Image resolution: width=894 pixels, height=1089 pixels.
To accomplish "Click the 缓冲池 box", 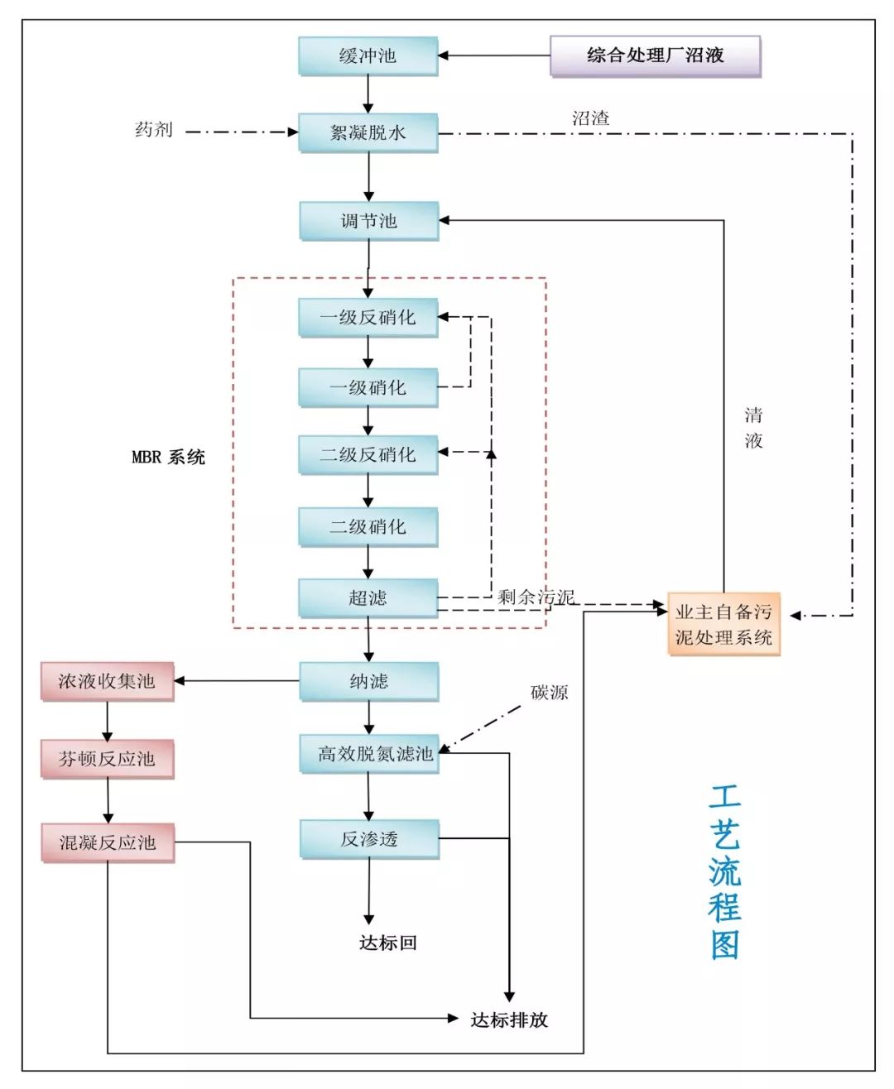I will click(368, 56).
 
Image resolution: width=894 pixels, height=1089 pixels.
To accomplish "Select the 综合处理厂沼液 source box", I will click(655, 56).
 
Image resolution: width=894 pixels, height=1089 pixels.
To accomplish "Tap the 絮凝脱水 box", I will click(368, 132).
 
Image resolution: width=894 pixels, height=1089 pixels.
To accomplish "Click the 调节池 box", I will click(368, 221).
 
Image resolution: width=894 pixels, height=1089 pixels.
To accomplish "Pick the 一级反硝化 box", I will click(368, 317).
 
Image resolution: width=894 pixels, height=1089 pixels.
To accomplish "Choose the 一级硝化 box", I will click(368, 387).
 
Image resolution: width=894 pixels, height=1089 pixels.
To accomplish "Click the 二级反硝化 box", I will click(368, 454).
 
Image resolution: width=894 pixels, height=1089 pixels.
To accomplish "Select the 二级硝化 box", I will click(368, 526).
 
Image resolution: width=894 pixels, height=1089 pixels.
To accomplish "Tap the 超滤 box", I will click(368, 597).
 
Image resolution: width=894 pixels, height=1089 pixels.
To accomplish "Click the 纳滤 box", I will click(368, 681).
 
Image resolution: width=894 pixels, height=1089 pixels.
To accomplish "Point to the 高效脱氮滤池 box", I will click(369, 754).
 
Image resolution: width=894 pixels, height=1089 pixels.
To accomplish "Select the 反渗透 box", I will click(369, 839).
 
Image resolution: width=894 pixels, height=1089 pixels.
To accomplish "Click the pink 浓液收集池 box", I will click(107, 681).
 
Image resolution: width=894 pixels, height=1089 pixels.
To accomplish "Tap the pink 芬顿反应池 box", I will click(107, 759).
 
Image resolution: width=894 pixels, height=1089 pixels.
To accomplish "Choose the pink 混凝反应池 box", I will click(108, 842).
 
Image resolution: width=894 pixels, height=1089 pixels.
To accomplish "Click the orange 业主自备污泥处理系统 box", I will click(723, 625).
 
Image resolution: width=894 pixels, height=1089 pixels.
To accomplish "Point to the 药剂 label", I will click(154, 130).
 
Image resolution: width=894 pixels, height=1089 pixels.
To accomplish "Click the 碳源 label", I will click(549, 693).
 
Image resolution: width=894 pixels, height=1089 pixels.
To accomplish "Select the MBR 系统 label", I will click(168, 458).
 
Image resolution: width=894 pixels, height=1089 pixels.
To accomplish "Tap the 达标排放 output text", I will click(509, 1019).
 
